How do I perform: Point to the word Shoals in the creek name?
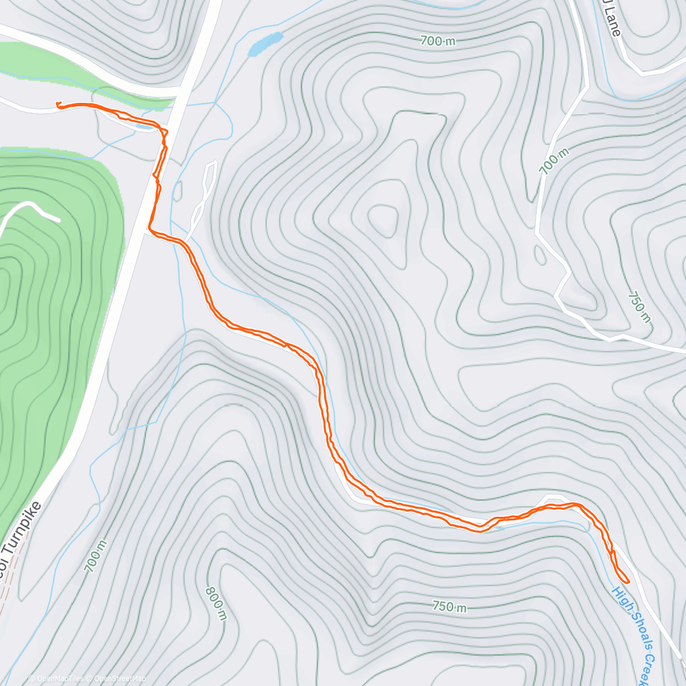pos(635,632)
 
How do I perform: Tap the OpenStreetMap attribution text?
pos(120,679)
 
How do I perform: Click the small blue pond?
pos(265,44)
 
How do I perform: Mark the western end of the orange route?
pos(58,103)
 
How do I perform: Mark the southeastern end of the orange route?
pos(628,581)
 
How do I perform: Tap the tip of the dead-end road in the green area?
pos(58,220)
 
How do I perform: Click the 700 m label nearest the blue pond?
pos(438,41)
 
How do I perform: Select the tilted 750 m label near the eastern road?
pos(639,306)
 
